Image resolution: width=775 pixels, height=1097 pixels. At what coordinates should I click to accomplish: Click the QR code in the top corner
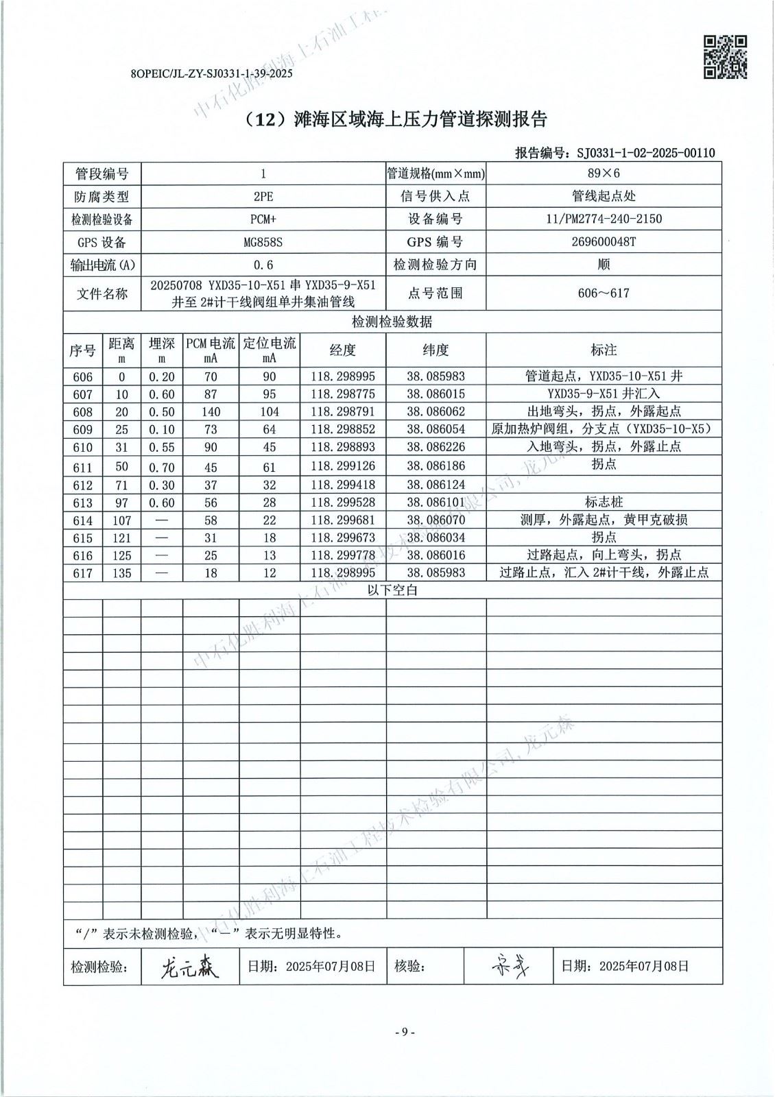tap(725, 57)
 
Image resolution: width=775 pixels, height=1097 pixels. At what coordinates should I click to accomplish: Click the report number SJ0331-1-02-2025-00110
tap(646, 153)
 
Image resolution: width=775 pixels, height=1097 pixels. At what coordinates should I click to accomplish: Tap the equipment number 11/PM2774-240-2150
tap(604, 219)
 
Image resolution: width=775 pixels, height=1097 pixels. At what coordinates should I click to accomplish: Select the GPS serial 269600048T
tap(604, 242)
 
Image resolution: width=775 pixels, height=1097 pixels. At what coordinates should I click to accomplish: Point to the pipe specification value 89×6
tap(604, 173)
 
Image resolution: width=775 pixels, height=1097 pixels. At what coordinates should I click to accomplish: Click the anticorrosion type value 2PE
tap(263, 197)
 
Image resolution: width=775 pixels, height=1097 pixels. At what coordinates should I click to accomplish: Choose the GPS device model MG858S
tap(263, 242)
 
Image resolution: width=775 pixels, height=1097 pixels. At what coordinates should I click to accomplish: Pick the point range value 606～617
tap(604, 293)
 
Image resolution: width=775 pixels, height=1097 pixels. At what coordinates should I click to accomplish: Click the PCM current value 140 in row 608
tap(211, 412)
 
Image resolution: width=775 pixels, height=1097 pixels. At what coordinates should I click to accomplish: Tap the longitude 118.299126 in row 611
tap(343, 466)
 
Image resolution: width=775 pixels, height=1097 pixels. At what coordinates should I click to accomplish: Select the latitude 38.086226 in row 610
tap(436, 447)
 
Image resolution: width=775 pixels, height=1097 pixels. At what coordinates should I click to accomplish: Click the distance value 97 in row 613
tap(121, 503)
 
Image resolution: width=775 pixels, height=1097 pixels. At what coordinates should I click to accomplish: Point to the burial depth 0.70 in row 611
tap(162, 467)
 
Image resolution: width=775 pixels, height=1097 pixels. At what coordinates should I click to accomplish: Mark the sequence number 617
tap(82, 573)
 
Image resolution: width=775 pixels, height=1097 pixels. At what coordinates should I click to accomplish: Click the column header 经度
tap(343, 350)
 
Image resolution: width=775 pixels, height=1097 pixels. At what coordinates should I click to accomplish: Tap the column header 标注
tap(604, 350)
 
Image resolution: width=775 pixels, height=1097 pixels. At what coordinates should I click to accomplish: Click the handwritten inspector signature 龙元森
tap(189, 967)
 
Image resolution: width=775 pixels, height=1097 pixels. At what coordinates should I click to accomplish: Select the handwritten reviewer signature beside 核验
tap(510, 966)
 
